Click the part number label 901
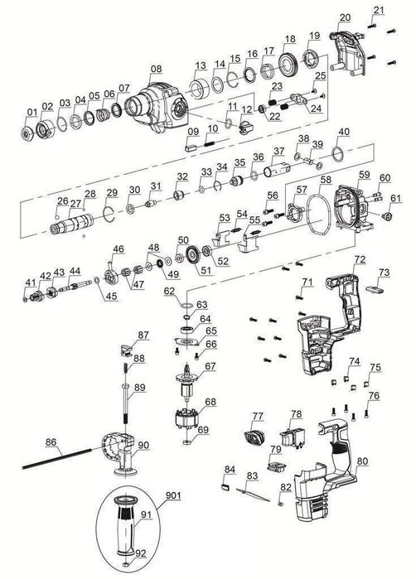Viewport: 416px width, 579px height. (173, 495)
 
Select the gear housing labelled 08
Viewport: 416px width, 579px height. (157, 107)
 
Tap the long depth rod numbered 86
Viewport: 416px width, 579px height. (56, 458)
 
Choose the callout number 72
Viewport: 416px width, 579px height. (360, 259)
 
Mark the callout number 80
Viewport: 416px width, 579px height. (363, 461)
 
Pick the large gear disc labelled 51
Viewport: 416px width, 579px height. (193, 254)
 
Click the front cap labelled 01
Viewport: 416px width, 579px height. (27, 133)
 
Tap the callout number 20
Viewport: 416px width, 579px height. (345, 17)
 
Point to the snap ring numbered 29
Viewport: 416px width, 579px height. (109, 215)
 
